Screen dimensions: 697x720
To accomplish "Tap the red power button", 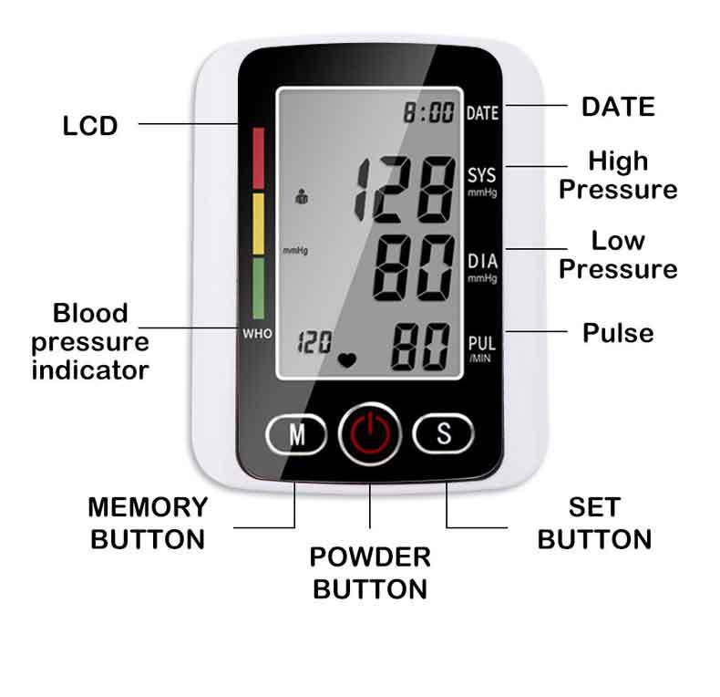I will tap(370, 434).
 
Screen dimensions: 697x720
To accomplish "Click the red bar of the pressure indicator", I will tap(258, 158).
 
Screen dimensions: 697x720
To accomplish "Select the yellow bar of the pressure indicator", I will tap(258, 224).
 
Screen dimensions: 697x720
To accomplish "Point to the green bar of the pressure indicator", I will tap(258, 287).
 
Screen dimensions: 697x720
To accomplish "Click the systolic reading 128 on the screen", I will tap(406, 190).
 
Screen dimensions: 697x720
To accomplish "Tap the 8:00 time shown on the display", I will tap(429, 113).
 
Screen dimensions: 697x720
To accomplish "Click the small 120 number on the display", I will tap(314, 343).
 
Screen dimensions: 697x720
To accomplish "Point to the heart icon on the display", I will tap(347, 359).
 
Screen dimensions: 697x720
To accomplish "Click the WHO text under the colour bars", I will tap(257, 334).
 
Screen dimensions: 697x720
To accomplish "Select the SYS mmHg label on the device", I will tap(482, 181).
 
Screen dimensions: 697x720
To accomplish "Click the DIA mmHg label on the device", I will tap(482, 265).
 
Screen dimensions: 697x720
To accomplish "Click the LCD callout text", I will tap(90, 126).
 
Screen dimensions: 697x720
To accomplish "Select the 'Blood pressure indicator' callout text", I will tap(90, 342).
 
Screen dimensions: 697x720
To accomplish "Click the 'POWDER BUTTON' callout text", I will tap(370, 573).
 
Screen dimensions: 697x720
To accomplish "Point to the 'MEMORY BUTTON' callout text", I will tap(148, 523).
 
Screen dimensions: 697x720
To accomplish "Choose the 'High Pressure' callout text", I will tap(618, 175).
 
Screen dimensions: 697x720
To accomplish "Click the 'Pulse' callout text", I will tap(618, 332).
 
